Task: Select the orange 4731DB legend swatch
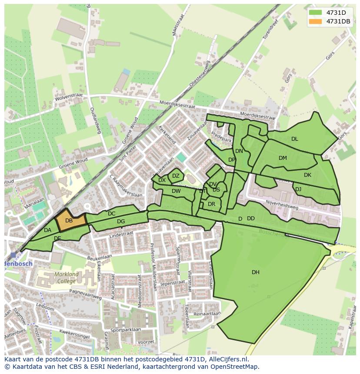(316, 21)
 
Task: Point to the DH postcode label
(256, 272)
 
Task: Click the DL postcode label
(295, 139)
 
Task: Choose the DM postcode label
(283, 158)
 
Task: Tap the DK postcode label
(308, 175)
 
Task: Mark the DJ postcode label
(298, 189)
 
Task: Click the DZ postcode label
(176, 176)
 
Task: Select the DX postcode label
(162, 180)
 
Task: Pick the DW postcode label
(176, 191)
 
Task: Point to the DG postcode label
(121, 222)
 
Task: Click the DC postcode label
(112, 213)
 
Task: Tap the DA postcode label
(48, 230)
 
